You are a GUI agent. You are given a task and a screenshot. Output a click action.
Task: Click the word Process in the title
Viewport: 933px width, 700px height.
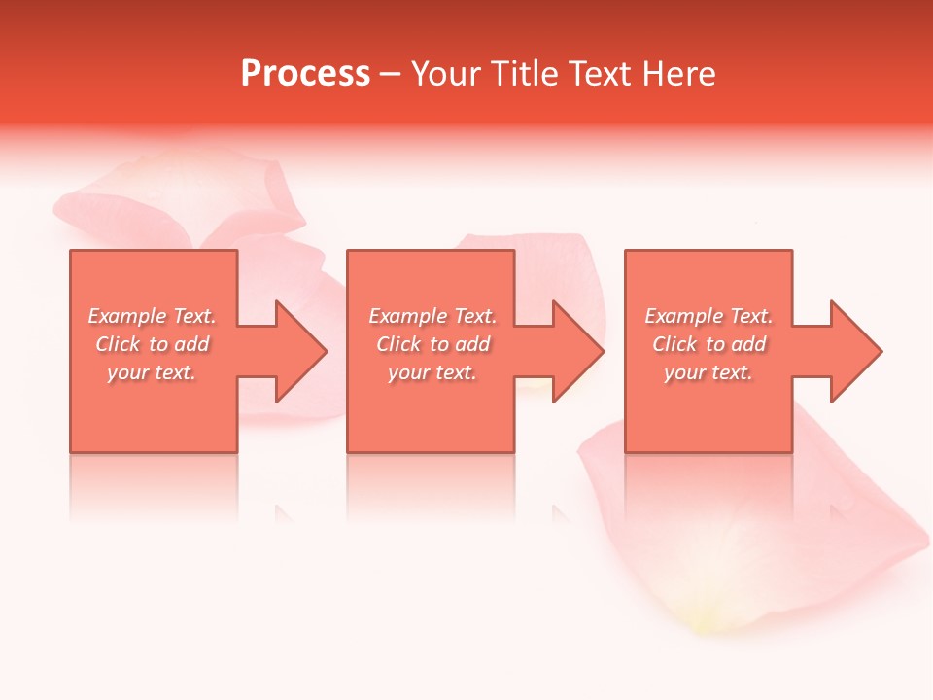pyautogui.click(x=305, y=74)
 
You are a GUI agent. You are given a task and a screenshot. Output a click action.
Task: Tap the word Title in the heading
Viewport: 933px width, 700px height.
pyautogui.click(x=526, y=74)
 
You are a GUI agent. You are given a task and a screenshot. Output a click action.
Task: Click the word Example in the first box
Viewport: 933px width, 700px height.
pyautogui.click(x=127, y=316)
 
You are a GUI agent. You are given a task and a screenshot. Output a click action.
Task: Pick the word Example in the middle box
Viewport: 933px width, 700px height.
pyautogui.click(x=407, y=316)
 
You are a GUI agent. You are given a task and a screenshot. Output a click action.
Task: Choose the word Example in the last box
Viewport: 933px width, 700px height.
pyautogui.click(x=683, y=316)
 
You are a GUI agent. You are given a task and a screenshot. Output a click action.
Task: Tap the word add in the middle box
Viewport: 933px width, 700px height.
pyautogui.click(x=472, y=344)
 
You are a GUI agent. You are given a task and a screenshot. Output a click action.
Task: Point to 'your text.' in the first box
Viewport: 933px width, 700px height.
pyautogui.click(x=152, y=372)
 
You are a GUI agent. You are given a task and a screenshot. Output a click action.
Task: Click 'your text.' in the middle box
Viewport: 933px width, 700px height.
pyautogui.click(x=432, y=372)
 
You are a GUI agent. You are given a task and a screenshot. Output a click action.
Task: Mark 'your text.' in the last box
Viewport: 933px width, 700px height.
pyautogui.click(x=708, y=372)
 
